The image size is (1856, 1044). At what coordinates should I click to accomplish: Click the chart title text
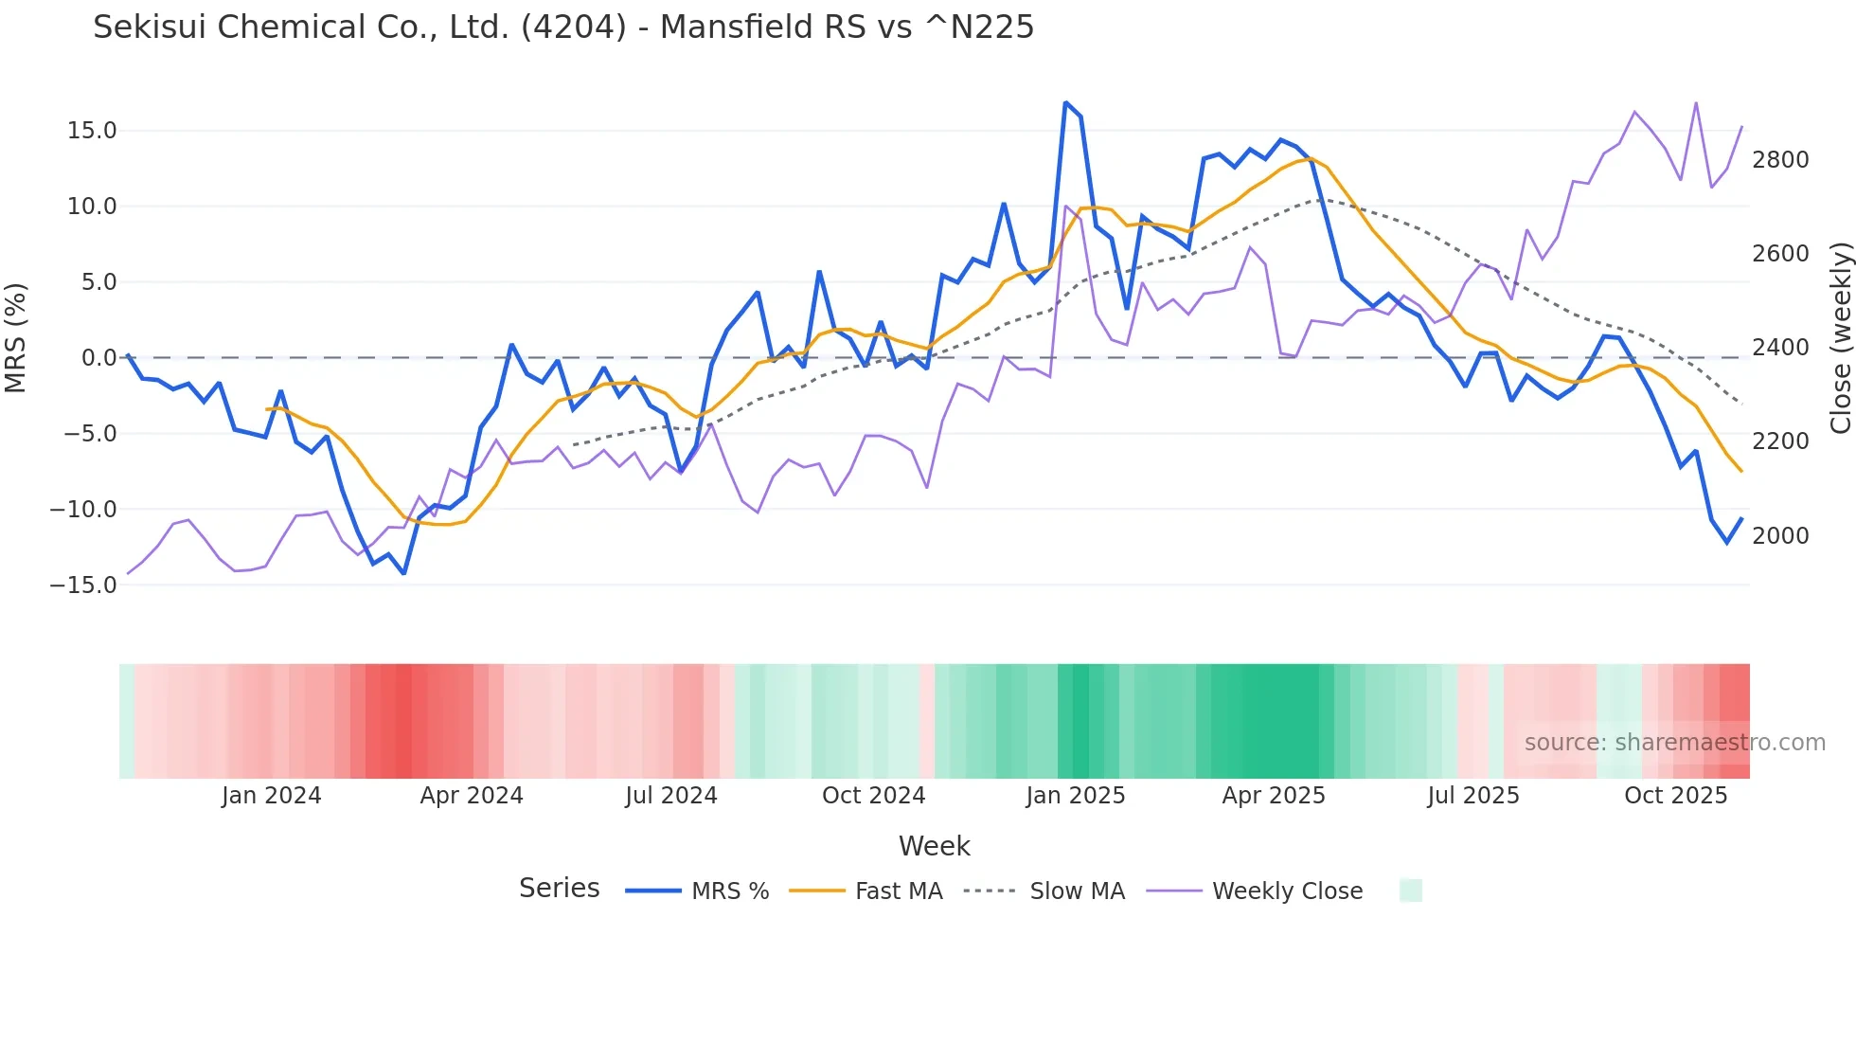point(563,27)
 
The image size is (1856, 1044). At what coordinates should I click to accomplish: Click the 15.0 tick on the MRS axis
point(92,131)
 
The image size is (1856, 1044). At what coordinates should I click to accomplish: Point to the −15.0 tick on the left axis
point(83,585)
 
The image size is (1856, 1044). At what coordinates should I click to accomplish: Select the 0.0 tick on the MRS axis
point(98,358)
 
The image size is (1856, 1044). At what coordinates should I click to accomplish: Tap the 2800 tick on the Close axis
point(1780,160)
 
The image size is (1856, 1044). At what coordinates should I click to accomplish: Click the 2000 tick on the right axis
point(1780,536)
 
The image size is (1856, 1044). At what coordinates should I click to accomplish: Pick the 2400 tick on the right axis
point(1780,348)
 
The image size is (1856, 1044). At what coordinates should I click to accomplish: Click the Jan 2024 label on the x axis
point(272,796)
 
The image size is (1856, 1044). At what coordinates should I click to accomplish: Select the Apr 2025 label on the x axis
point(1274,796)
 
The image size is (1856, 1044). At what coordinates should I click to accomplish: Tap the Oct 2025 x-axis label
point(1676,796)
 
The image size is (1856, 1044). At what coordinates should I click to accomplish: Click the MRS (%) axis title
point(16,338)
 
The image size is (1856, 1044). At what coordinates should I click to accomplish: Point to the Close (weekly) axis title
point(1840,338)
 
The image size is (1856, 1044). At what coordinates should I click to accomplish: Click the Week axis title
point(934,846)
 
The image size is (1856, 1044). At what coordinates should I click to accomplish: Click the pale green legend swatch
point(1411,891)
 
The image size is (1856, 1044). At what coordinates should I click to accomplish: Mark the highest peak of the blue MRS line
point(1066,102)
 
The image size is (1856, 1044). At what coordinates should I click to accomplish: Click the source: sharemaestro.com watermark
point(1675,743)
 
